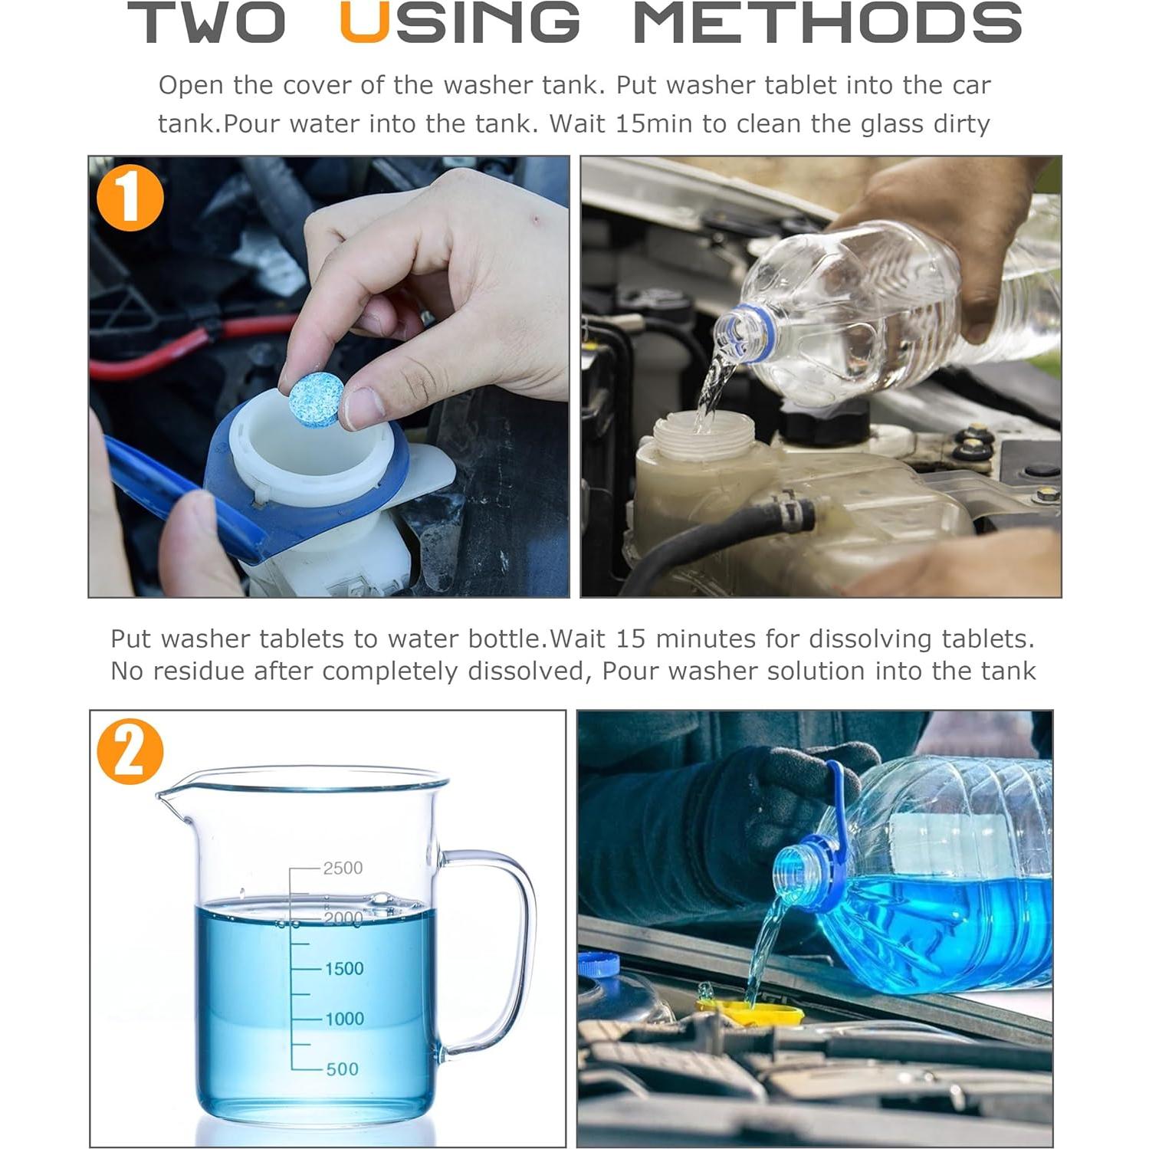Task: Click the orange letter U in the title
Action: pyautogui.click(x=363, y=22)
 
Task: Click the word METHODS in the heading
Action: pyautogui.click(x=828, y=22)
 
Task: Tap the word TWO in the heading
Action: pyautogui.click(x=207, y=22)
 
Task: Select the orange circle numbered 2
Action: pyautogui.click(x=130, y=751)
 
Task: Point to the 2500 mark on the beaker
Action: pyautogui.click(x=343, y=868)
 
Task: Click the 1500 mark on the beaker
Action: pyautogui.click(x=343, y=968)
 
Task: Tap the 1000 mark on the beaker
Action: pyautogui.click(x=343, y=1019)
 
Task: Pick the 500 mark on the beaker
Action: pyautogui.click(x=342, y=1069)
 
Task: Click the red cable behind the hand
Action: pyautogui.click(x=192, y=349)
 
